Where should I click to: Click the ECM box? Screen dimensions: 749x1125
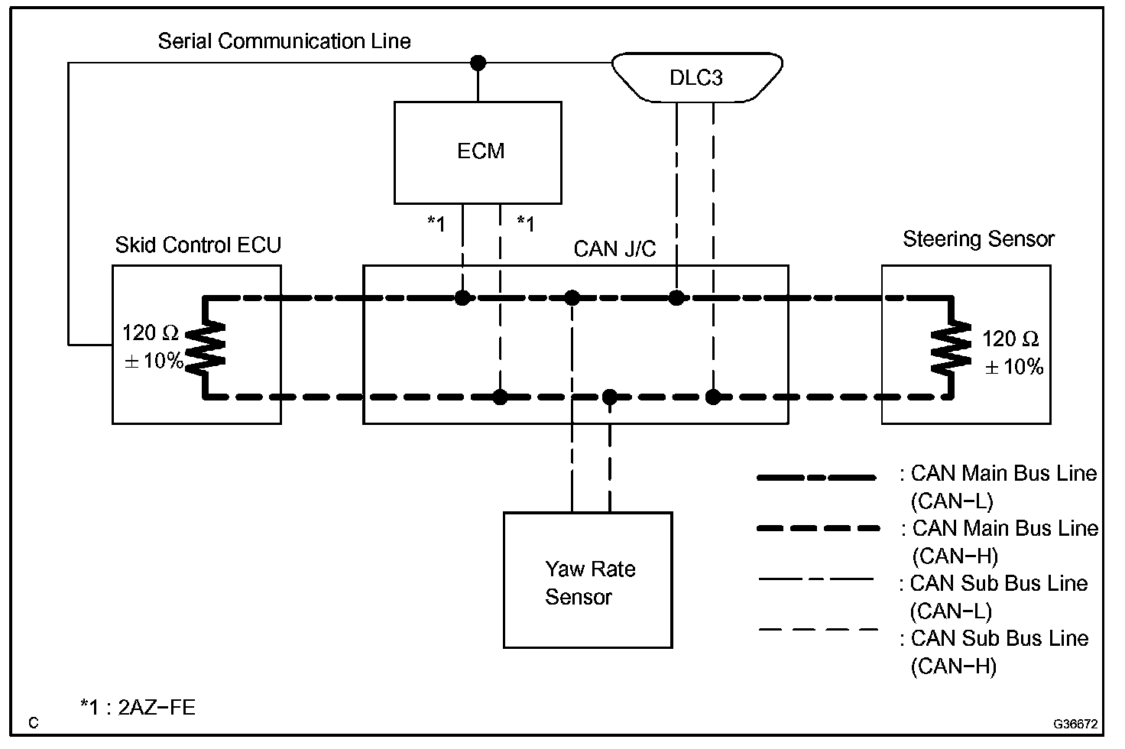click(x=478, y=152)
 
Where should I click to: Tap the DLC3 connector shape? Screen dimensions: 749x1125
click(x=696, y=77)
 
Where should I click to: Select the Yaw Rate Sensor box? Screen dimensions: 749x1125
click(x=587, y=580)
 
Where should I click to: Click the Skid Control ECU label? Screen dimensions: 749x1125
click(x=198, y=245)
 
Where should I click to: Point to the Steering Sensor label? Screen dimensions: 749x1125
click(x=978, y=239)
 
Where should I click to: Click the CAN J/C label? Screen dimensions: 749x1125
click(x=614, y=249)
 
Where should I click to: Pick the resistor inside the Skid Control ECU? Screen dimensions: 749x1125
click(x=206, y=346)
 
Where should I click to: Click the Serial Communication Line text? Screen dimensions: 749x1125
click(x=284, y=41)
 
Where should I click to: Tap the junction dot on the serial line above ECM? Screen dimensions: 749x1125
click(x=478, y=63)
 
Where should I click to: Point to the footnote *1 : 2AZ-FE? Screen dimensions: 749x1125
click(x=138, y=707)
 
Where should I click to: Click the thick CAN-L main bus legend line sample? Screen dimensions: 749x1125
click(x=815, y=478)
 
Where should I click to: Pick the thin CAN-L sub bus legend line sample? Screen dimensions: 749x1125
click(x=815, y=579)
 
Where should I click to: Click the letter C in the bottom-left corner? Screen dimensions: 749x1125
click(x=34, y=723)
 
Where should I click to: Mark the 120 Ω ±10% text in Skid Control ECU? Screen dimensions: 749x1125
click(x=152, y=347)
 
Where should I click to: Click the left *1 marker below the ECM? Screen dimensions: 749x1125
click(x=436, y=223)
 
